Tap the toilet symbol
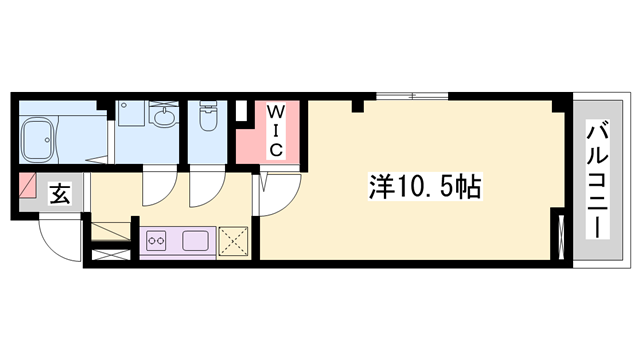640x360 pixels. pos(207,119)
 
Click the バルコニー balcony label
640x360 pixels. pos(597,178)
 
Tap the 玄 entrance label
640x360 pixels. pos(60,194)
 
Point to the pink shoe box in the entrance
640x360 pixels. pos(28,187)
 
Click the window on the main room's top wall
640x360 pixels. pos(410,96)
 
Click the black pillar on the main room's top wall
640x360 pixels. pos(357,104)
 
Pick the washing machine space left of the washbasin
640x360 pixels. pos(130,114)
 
